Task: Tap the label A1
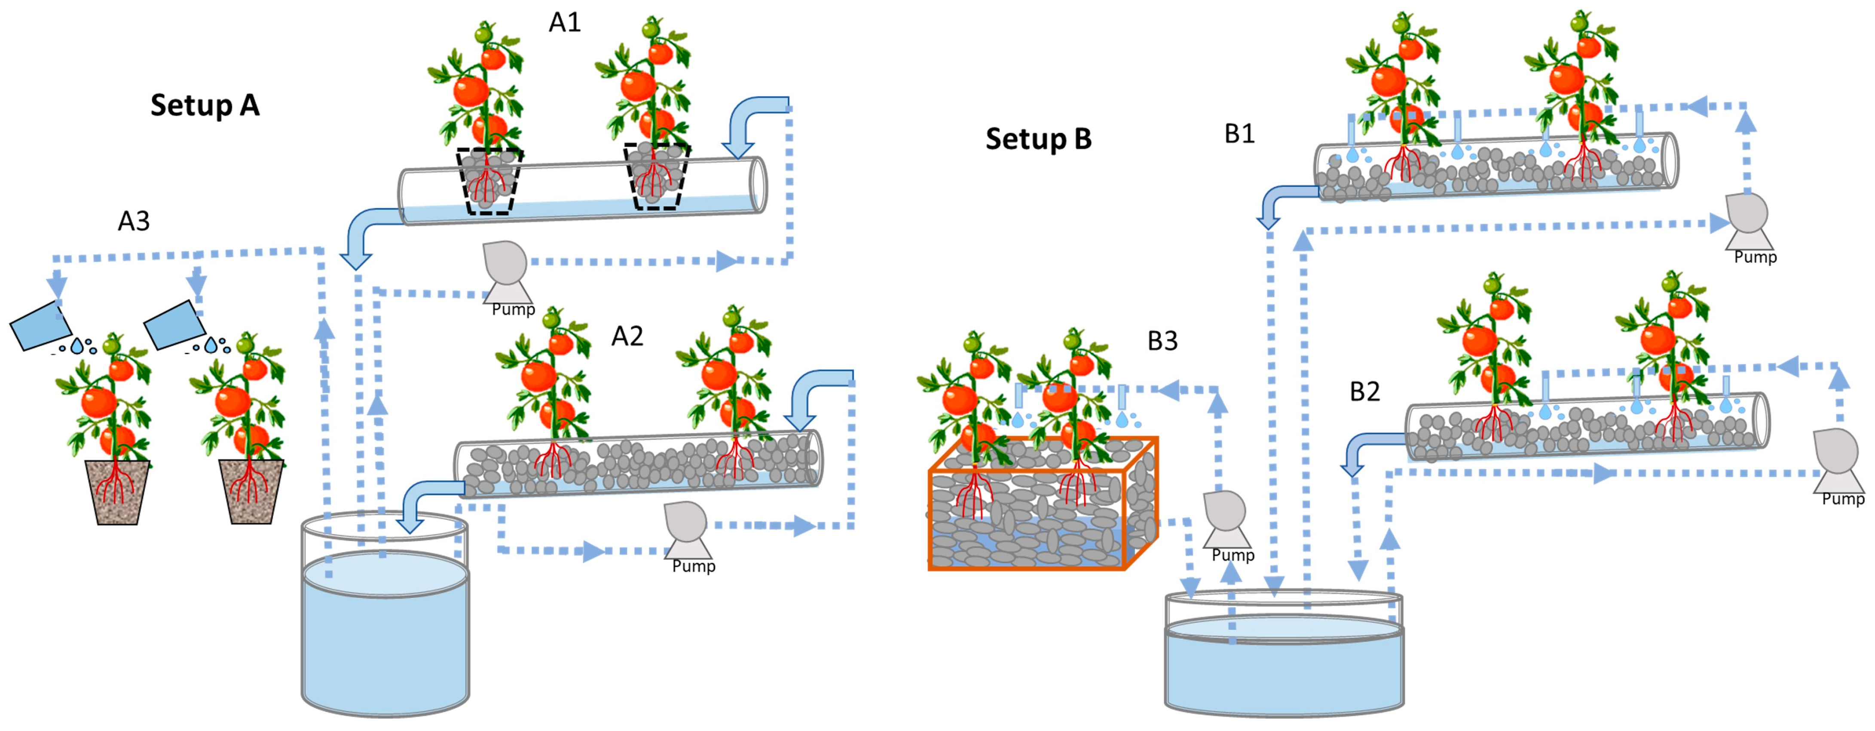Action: pos(565,23)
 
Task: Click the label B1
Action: pos(1239,134)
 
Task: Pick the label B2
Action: pos(1365,391)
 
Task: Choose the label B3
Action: pos(1162,340)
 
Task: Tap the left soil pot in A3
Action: pos(117,491)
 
